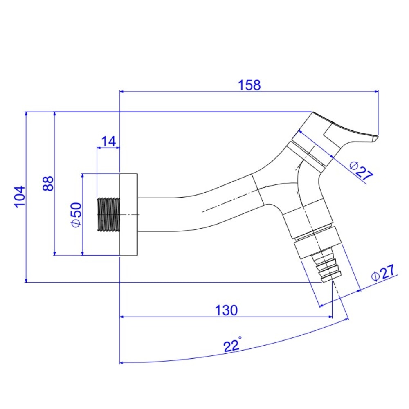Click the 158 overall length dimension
pos(249,85)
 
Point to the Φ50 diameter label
pos(76,215)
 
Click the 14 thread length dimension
pos(108,141)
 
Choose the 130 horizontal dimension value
pos(226,310)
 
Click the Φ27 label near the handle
pos(362,170)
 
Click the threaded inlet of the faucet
pos(108,214)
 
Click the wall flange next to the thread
pos(129,215)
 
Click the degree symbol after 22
pos(240,338)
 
